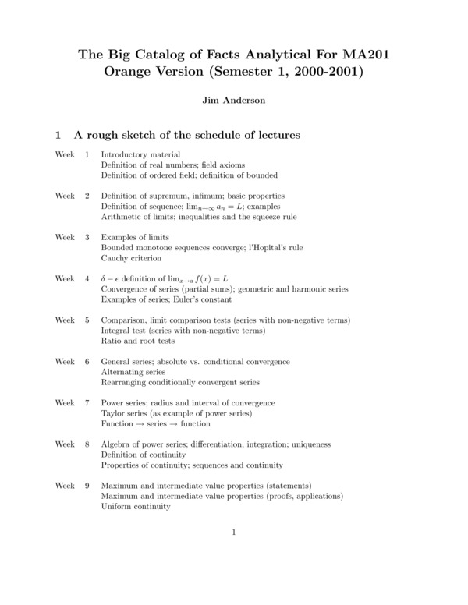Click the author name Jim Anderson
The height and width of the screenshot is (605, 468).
(x=234, y=101)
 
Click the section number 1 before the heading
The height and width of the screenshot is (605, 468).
(x=58, y=135)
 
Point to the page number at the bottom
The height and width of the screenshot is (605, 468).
(x=234, y=532)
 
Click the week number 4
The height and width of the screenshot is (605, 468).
(x=87, y=278)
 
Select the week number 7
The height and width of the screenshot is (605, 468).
(x=87, y=402)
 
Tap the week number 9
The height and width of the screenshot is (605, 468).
(x=87, y=485)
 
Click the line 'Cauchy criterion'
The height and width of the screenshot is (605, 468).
(x=132, y=258)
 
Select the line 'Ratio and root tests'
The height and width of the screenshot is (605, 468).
(x=138, y=341)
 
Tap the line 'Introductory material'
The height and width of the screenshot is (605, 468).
(x=140, y=154)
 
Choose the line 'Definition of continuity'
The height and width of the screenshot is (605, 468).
(x=144, y=455)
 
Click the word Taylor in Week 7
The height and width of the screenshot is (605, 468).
(x=114, y=413)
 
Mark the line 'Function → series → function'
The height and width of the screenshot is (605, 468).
(x=156, y=423)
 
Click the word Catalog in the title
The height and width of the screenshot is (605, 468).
(x=171, y=55)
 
